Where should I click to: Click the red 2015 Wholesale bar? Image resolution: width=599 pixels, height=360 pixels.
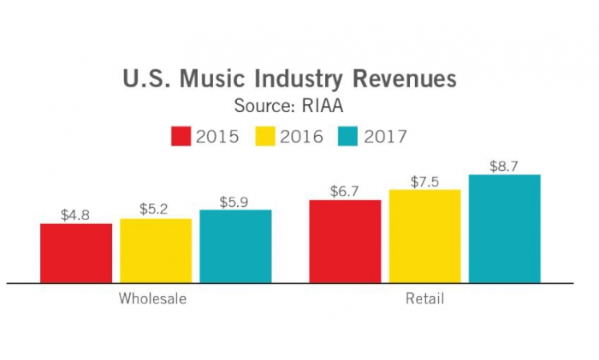point(76,252)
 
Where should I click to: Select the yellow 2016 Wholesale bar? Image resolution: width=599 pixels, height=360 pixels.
point(156,250)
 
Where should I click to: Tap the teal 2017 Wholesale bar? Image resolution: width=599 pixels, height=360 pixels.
point(235,245)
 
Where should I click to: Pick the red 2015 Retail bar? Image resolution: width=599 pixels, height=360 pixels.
point(345,240)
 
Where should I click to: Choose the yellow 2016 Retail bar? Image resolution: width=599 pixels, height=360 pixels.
point(424,235)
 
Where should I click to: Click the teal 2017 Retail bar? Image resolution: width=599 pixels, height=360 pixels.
point(504,227)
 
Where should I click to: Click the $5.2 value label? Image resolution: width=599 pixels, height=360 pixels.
point(155,210)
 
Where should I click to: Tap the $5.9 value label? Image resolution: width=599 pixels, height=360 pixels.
point(234,202)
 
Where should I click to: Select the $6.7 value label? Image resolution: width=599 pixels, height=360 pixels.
point(345,191)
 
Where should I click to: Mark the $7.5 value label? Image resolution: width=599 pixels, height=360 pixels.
point(424,180)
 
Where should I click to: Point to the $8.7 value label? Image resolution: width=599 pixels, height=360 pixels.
point(504,166)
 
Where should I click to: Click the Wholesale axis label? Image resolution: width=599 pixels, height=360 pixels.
point(152,299)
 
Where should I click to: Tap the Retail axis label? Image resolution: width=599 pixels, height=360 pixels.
point(424,299)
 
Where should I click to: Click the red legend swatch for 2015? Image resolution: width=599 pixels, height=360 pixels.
point(181,136)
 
